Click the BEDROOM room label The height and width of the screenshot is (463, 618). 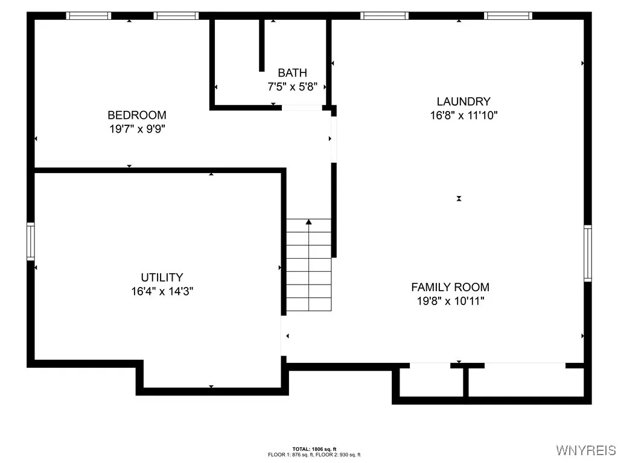(137, 115)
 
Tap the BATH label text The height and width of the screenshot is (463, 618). (292, 74)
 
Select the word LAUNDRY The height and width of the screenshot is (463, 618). (463, 102)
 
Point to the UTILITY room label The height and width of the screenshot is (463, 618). (162, 277)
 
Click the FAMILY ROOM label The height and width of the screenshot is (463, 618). (450, 288)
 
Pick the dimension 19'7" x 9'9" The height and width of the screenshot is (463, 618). (137, 128)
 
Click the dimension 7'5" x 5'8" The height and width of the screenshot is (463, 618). (292, 87)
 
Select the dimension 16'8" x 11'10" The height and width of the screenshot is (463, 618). (463, 115)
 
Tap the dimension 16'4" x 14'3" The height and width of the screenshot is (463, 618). (162, 291)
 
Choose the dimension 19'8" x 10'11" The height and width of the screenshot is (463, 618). (450, 301)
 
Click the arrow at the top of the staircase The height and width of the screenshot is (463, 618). (308, 222)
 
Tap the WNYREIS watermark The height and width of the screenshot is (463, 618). (585, 450)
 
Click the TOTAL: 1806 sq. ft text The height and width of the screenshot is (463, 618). (314, 449)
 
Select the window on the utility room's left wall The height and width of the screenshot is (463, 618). (30, 241)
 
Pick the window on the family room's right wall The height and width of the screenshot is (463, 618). (587, 253)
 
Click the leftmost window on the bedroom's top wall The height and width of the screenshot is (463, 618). (88, 16)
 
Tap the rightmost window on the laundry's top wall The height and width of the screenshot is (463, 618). (509, 16)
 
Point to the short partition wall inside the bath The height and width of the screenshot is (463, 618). (262, 45)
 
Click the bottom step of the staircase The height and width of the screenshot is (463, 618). (308, 304)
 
